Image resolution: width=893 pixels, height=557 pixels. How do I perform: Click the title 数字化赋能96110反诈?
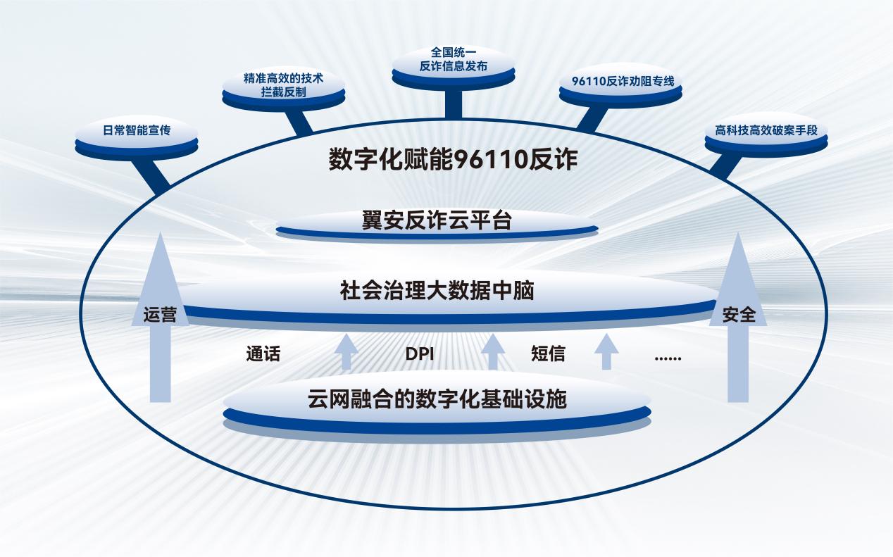click(x=453, y=159)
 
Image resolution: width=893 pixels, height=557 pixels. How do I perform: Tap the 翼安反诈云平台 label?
click(x=437, y=220)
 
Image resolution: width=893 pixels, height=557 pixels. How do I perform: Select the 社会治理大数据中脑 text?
click(x=437, y=290)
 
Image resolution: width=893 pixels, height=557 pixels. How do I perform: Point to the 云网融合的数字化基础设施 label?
click(x=437, y=399)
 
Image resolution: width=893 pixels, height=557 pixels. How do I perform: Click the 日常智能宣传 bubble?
click(x=137, y=136)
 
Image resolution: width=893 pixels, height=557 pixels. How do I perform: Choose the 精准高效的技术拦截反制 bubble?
click(x=283, y=88)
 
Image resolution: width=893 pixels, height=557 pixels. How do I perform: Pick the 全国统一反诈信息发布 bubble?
click(x=454, y=66)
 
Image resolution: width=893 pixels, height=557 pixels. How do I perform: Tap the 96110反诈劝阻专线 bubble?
click(x=620, y=85)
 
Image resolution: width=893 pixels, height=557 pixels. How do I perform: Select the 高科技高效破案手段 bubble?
click(x=766, y=134)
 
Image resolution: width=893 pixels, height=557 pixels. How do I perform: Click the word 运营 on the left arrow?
click(x=160, y=315)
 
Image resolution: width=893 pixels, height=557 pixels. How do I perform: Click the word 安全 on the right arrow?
click(x=739, y=315)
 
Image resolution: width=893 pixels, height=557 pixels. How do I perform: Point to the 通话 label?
click(x=263, y=353)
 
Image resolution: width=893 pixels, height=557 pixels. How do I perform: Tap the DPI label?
click(x=420, y=354)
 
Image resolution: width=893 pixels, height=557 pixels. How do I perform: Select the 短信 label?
click(x=548, y=353)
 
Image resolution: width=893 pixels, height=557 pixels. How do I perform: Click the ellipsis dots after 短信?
click(x=668, y=358)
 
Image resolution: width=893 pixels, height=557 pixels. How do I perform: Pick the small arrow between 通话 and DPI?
click(x=346, y=351)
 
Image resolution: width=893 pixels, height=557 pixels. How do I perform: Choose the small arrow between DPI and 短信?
click(x=493, y=351)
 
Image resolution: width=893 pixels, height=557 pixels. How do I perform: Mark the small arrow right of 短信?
click(x=606, y=351)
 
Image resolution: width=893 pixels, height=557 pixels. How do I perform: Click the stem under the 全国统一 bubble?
click(x=454, y=103)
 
